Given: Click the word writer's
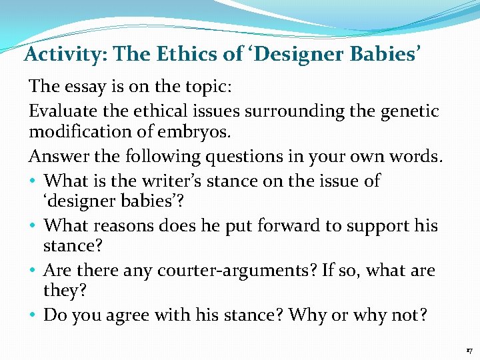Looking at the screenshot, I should click(197, 180).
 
